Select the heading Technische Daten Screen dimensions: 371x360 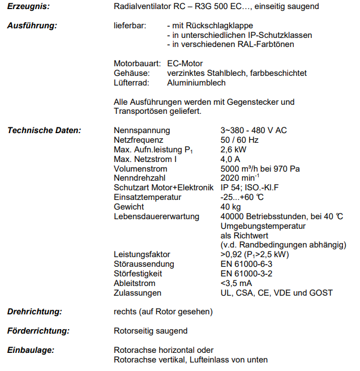(x=44, y=130)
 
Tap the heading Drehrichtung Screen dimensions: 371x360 (x=35, y=312)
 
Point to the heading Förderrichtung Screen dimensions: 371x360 (x=38, y=330)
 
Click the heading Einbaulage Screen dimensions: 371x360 (x=30, y=350)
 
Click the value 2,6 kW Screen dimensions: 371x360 (x=233, y=150)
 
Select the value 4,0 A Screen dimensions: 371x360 (x=230, y=159)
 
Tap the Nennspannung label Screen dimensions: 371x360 (x=142, y=130)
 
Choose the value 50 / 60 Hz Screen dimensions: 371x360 (x=239, y=140)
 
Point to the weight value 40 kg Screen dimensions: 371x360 (x=230, y=207)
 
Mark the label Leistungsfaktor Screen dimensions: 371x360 (x=142, y=254)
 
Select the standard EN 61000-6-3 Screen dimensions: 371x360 (x=246, y=264)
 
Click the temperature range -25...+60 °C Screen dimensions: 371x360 (x=242, y=197)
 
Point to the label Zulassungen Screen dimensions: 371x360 (x=138, y=293)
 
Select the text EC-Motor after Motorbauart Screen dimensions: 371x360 (x=185, y=63)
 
